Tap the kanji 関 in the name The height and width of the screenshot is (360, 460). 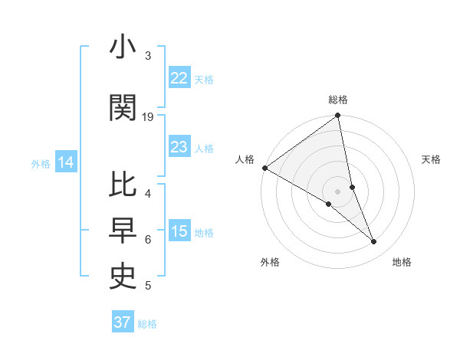[x=123, y=107]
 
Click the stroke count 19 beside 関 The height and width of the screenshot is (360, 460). [x=148, y=116]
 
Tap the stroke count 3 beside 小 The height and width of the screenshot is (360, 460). [x=148, y=56]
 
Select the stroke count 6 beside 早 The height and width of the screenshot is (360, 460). [x=148, y=239]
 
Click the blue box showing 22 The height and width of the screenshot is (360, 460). [x=179, y=78]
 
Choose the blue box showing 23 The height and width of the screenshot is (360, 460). [x=179, y=147]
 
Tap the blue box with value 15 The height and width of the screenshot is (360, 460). [x=179, y=231]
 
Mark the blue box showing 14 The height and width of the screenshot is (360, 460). [x=66, y=162]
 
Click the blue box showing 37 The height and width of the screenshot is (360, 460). [x=123, y=322]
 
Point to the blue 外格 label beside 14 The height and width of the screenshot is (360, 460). [x=41, y=163]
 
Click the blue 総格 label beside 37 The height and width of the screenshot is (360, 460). [x=147, y=324]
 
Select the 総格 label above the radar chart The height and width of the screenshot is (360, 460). [x=338, y=100]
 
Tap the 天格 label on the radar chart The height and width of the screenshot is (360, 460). [x=431, y=159]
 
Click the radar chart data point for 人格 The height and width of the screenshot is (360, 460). [x=264, y=168]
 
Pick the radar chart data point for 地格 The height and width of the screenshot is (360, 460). [x=374, y=242]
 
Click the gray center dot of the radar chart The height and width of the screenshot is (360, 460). [x=337, y=191]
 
